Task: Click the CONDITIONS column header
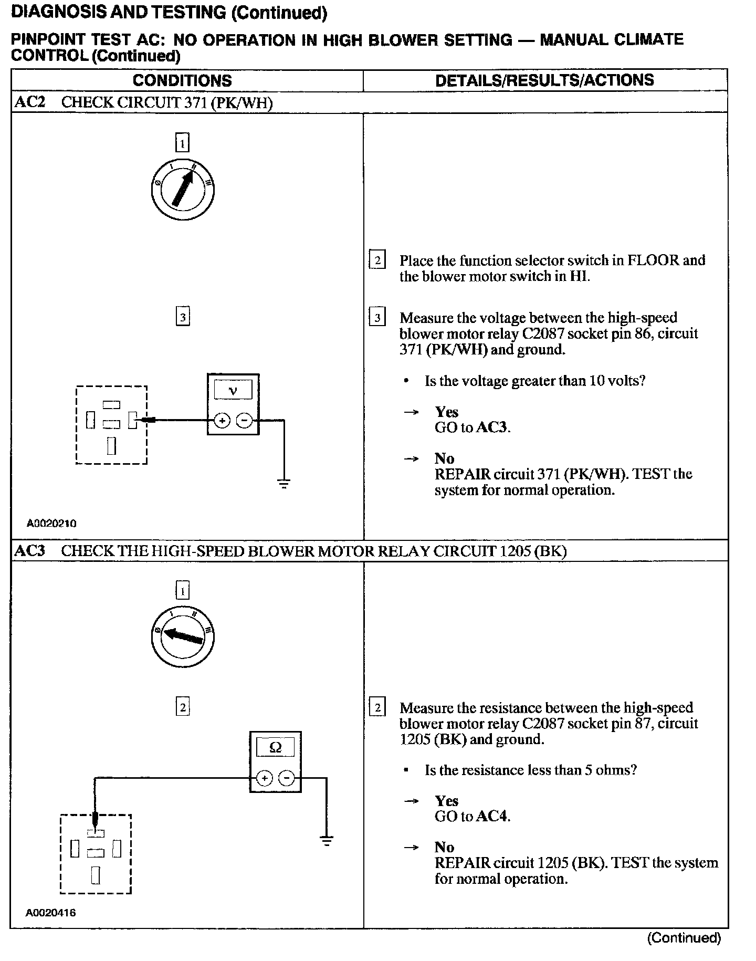[182, 80]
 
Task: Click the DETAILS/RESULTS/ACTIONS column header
[544, 80]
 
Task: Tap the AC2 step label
[30, 102]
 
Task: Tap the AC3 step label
[30, 551]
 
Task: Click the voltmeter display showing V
[233, 390]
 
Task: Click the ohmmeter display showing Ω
[275, 747]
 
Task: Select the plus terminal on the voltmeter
[222, 420]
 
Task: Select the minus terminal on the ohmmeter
[287, 778]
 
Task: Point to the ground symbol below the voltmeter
[284, 484]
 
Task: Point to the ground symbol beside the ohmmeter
[327, 841]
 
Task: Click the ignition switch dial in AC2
[183, 189]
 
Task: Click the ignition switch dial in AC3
[183, 636]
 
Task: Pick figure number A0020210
[51, 523]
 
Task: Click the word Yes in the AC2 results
[446, 412]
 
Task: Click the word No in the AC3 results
[444, 847]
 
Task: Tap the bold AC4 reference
[493, 817]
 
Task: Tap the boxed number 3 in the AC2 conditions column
[182, 317]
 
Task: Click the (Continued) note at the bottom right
[684, 938]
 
